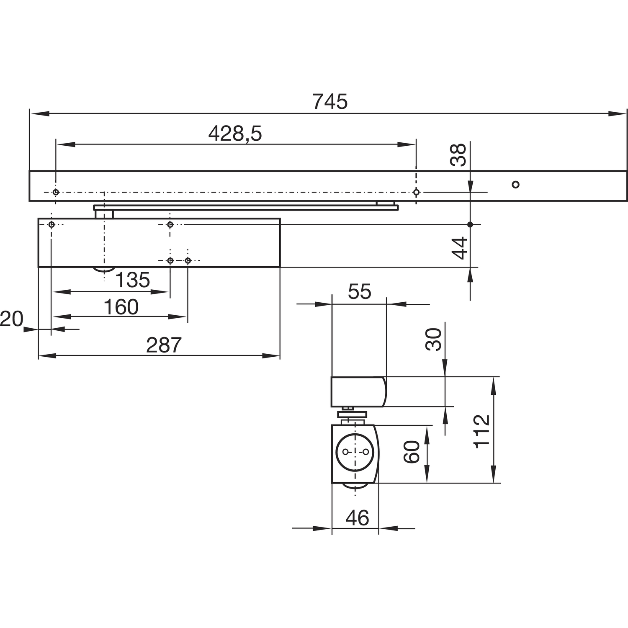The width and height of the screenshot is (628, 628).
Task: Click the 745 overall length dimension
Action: [330, 102]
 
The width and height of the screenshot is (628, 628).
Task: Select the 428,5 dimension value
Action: [235, 134]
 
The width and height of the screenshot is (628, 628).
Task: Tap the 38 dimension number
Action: [459, 155]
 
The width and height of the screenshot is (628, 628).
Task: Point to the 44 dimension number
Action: [460, 248]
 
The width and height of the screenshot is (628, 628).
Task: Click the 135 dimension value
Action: [132, 280]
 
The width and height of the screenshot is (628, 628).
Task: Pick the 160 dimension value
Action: [121, 307]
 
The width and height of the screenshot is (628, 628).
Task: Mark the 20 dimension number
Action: [11, 319]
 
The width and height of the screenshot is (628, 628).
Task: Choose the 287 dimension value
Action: [164, 345]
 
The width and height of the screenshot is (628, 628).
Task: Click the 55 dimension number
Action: [359, 292]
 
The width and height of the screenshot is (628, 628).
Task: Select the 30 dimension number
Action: [434, 339]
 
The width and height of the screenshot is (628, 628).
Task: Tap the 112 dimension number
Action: [482, 431]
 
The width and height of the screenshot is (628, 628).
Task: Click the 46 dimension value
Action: [357, 518]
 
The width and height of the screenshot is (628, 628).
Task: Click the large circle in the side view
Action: [355, 452]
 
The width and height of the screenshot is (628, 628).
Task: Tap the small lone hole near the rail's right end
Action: [516, 184]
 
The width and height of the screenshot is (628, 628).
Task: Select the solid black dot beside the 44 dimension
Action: [470, 224]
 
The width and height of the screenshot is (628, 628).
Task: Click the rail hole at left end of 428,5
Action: [56, 192]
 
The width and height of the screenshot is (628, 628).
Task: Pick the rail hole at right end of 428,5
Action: [416, 192]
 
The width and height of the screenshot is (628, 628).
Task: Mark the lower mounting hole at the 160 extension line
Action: [188, 260]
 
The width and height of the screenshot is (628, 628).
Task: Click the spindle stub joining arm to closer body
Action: [104, 214]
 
